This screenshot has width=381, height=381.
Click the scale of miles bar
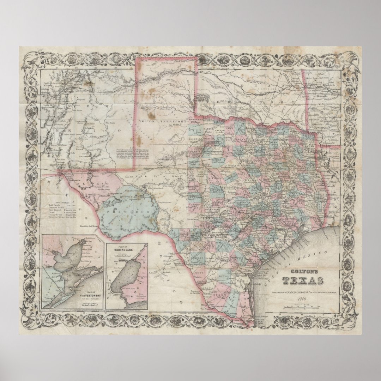pyautogui.click(x=303, y=306)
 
